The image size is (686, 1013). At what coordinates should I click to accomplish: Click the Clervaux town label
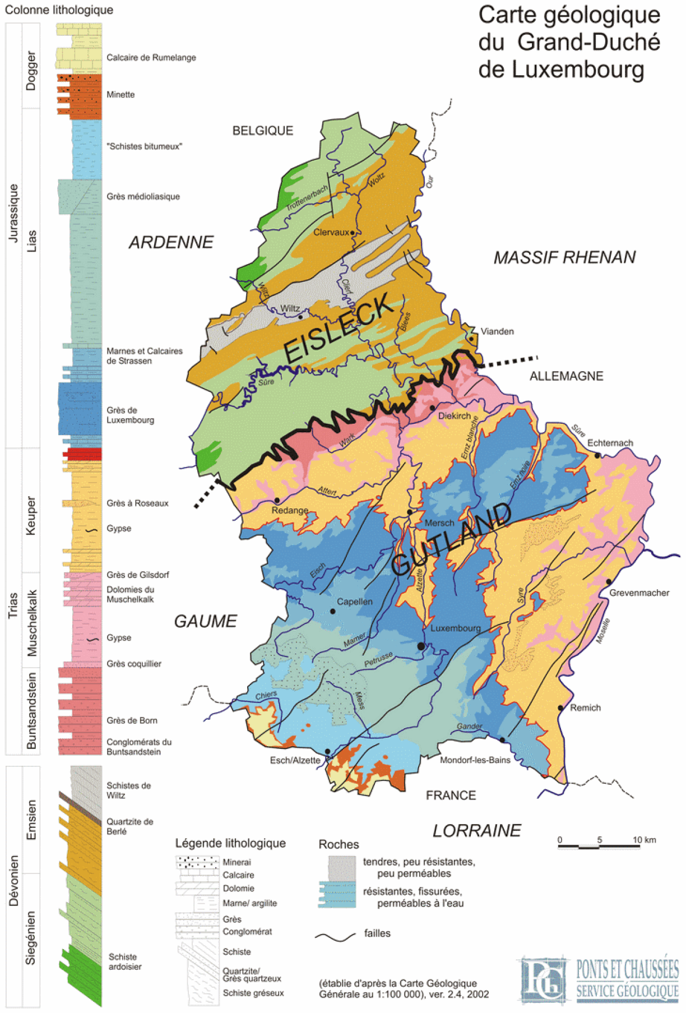[331, 232]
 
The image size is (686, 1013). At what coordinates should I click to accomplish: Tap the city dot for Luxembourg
[421, 646]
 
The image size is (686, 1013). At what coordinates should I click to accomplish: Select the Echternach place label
[610, 443]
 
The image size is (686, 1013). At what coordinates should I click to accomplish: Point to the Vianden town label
[497, 331]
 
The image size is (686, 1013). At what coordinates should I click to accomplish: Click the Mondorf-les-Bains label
[475, 760]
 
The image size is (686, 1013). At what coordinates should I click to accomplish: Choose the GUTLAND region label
[452, 539]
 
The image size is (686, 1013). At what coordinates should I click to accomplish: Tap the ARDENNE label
[171, 242]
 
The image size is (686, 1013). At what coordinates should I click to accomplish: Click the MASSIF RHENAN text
[564, 257]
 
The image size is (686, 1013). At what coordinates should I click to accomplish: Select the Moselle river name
[603, 631]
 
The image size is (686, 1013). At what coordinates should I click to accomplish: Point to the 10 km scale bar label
[644, 840]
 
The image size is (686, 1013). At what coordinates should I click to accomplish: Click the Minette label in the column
[120, 95]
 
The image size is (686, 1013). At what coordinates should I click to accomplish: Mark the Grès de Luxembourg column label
[130, 415]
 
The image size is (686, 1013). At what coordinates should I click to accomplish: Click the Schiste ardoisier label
[125, 961]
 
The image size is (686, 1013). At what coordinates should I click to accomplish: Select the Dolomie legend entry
[238, 889]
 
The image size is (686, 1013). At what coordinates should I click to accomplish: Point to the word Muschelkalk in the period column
[31, 622]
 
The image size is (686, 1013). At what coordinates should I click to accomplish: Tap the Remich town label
[585, 708]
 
